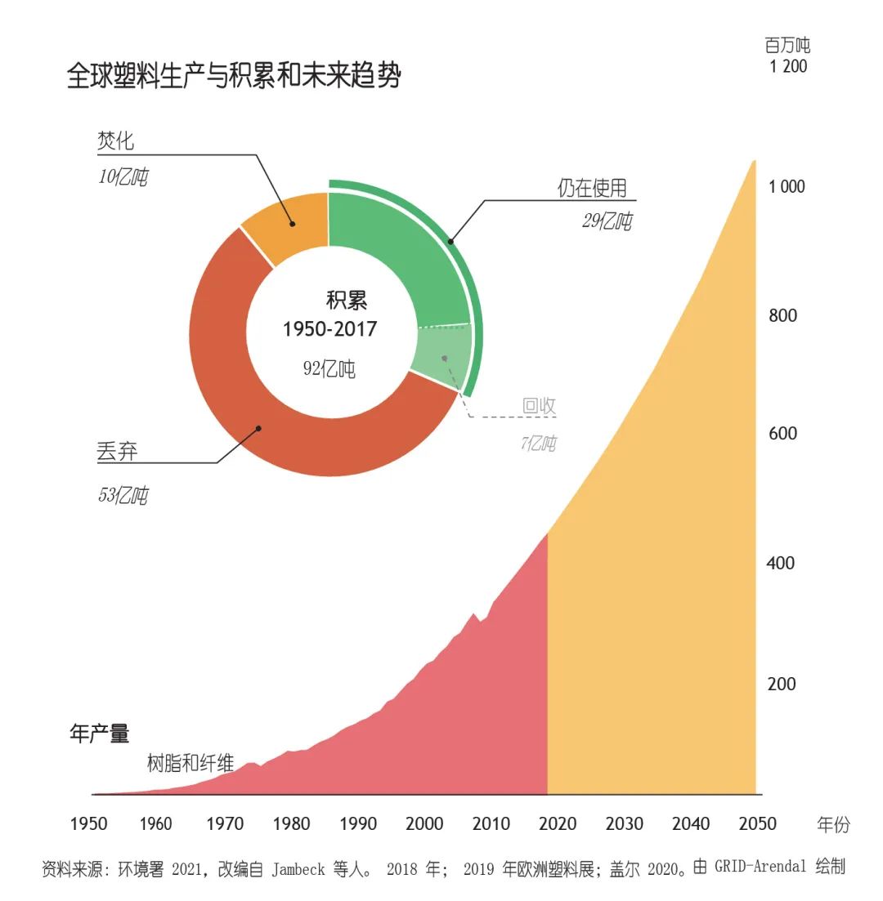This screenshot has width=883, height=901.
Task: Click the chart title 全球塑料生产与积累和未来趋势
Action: click(x=234, y=77)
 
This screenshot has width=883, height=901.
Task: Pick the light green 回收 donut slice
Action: click(x=441, y=357)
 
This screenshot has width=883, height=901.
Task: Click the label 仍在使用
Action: click(x=592, y=188)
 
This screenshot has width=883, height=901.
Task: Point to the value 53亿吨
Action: click(x=123, y=495)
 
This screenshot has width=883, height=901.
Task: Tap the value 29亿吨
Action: click(x=607, y=221)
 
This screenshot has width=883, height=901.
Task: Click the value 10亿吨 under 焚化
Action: click(x=123, y=177)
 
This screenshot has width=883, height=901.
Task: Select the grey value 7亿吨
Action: click(x=538, y=444)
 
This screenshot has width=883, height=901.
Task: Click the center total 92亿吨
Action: click(x=329, y=368)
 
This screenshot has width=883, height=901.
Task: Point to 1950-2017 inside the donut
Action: click(x=329, y=329)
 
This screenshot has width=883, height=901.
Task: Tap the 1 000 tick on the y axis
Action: click(x=787, y=186)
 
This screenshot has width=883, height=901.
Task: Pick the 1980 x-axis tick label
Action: click(x=290, y=823)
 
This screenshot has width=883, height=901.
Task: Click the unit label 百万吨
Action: click(x=787, y=46)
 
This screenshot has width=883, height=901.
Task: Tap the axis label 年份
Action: click(x=833, y=824)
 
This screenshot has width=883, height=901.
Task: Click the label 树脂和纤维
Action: click(x=190, y=764)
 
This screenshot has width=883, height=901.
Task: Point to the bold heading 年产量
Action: click(x=100, y=734)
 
